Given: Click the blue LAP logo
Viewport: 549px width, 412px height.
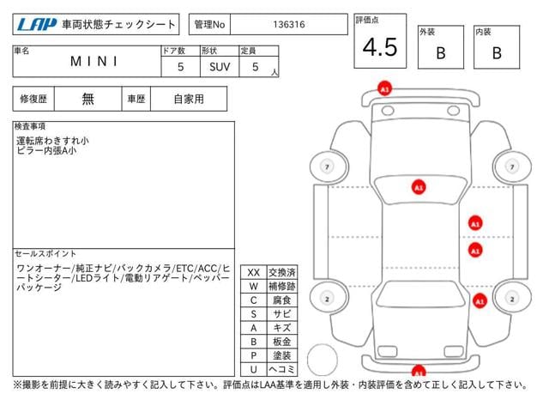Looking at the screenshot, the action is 36,25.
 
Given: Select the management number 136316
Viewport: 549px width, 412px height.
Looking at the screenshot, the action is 289,25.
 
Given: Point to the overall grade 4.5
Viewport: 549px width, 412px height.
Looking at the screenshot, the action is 380,47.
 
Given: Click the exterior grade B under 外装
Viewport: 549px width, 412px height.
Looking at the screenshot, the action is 441,53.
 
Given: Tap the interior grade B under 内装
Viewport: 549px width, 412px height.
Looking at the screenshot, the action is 497,53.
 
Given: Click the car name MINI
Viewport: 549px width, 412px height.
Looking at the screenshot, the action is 94,61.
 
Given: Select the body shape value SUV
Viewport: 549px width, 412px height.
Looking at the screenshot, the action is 220,67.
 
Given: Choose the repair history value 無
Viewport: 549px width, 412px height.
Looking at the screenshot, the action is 87,99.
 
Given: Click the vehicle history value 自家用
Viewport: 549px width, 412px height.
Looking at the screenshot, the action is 189,99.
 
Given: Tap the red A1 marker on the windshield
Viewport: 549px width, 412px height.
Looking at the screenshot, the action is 419,187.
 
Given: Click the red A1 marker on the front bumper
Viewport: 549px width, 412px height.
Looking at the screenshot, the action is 384,89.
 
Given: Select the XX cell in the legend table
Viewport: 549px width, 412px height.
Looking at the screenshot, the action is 254,273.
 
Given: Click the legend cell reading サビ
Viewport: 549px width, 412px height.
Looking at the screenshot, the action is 282,314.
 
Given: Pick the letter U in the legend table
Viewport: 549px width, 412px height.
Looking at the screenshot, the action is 254,369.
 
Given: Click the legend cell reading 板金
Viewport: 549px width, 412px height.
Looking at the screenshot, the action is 282,342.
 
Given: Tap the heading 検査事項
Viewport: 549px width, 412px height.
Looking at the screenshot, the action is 30,126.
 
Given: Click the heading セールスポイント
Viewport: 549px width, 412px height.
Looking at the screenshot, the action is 45,253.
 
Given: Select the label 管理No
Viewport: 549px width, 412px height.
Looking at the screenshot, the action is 209,25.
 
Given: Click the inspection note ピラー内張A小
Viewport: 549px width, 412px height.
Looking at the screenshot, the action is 46,151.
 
